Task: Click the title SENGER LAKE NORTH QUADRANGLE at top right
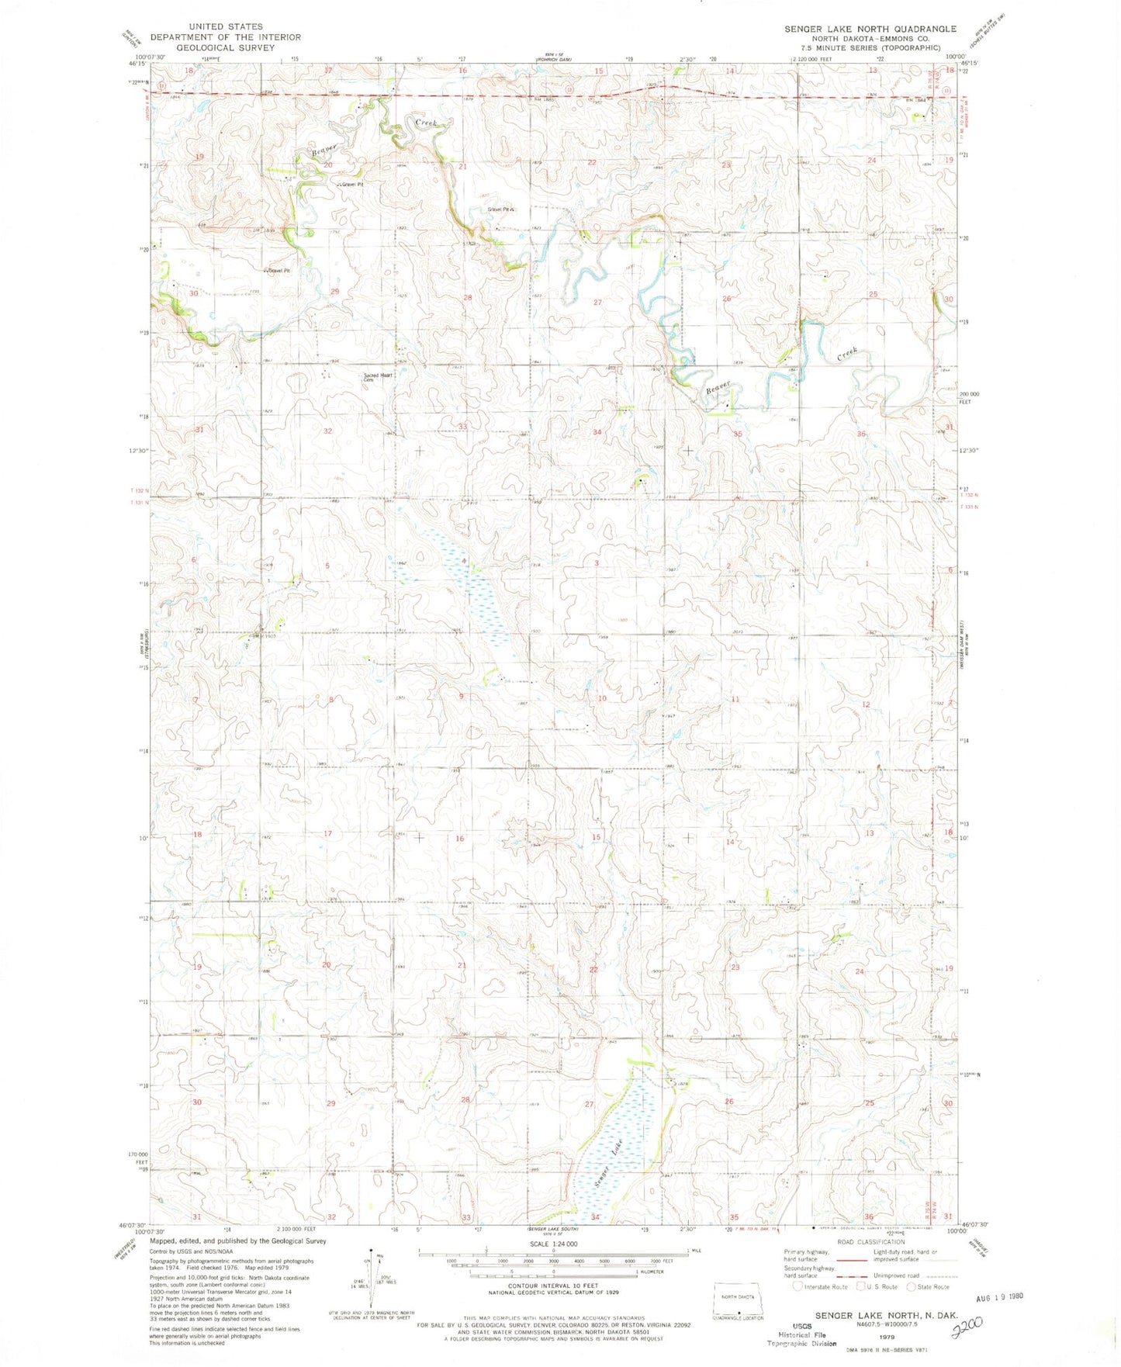(x=870, y=29)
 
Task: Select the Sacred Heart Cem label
(x=378, y=377)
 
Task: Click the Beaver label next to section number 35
(x=718, y=388)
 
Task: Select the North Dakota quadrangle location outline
(x=739, y=1297)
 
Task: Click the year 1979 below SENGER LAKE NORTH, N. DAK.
(x=886, y=1338)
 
